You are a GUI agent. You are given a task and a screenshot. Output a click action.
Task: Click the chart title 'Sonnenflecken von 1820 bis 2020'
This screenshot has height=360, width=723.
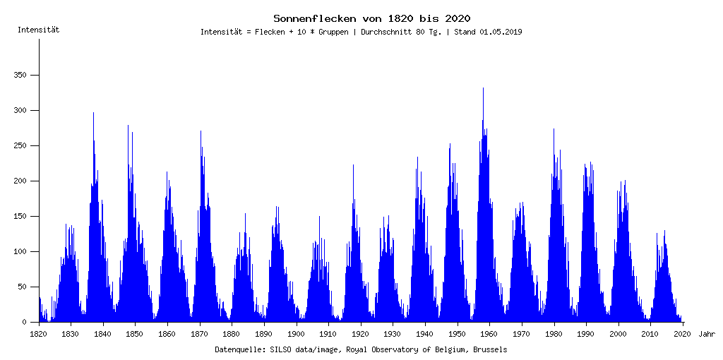372,18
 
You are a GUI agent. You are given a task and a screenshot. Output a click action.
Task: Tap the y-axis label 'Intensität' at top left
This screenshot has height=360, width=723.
38,30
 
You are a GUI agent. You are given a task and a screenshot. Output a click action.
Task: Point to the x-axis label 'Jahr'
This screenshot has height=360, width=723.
707,333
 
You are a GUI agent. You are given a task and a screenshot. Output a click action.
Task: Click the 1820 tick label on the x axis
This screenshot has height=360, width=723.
39,333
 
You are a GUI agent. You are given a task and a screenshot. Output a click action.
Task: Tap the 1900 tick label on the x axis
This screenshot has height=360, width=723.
297,333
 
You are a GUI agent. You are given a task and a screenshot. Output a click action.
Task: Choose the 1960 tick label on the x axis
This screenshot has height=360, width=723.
490,333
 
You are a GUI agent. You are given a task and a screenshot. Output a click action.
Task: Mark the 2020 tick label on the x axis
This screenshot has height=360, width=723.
683,333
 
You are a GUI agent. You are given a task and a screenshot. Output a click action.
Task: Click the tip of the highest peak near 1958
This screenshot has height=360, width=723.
483,88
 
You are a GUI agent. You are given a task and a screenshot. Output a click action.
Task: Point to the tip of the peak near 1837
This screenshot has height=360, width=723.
93,113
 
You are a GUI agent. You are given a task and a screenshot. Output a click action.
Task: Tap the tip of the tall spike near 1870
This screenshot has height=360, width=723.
201,131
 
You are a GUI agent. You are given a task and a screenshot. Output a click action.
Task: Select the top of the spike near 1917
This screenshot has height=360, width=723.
353,165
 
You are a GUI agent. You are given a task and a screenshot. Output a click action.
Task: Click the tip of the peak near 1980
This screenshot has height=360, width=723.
554,129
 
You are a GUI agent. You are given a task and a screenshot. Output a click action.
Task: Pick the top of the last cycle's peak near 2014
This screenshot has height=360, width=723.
664,231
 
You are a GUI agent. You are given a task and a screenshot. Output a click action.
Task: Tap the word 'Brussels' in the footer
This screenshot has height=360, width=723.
490,349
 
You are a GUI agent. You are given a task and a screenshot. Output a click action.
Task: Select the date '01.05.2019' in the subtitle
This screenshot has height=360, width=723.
501,32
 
